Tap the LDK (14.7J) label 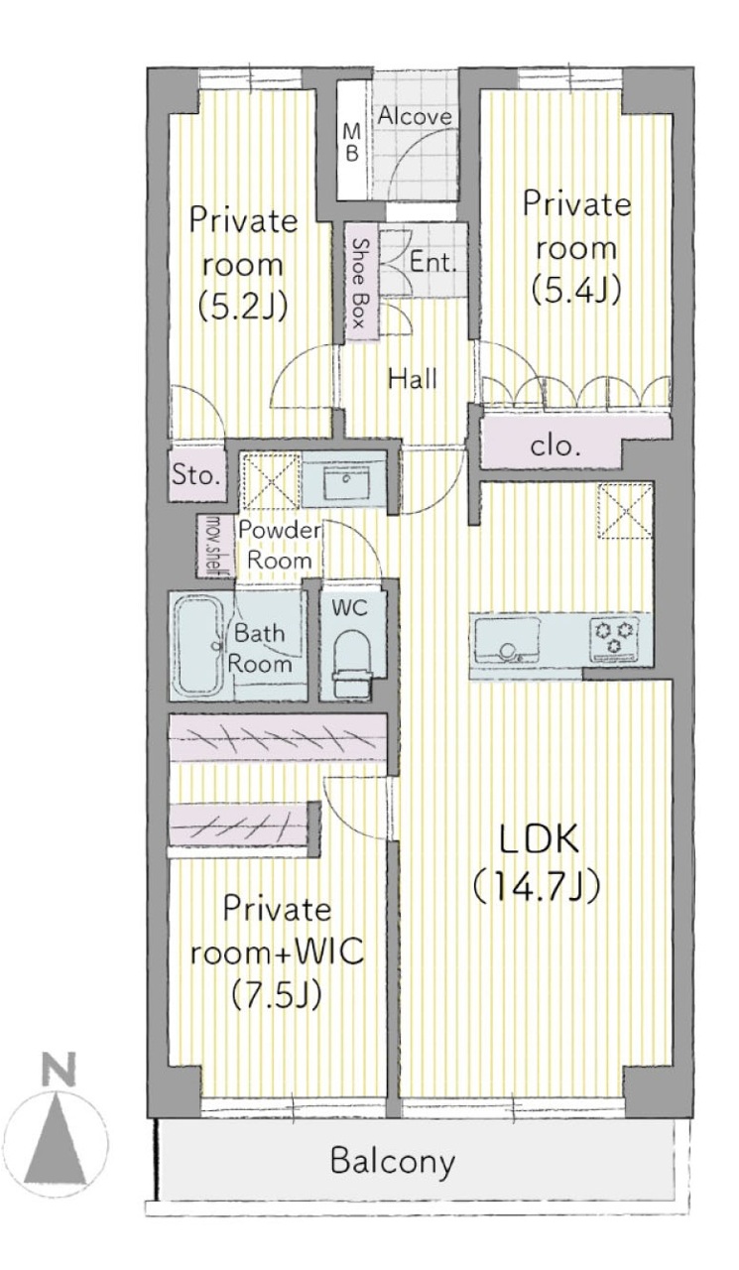tap(537, 863)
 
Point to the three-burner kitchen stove tap(615, 638)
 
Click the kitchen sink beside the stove tap(507, 640)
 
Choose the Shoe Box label tap(358, 283)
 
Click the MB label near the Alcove tap(352, 144)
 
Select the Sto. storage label tap(196, 474)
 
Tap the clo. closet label tap(555, 446)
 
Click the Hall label tap(413, 378)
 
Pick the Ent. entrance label tap(432, 262)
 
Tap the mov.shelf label tap(214, 546)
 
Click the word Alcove tap(415, 116)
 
